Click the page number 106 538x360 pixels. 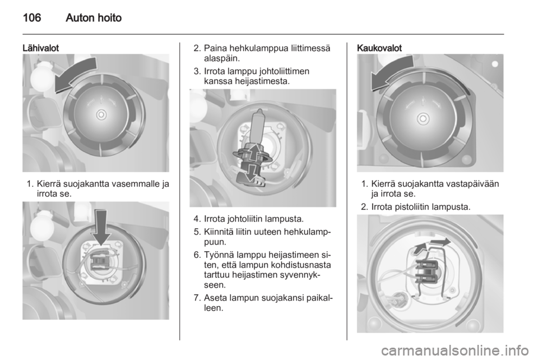pos(32,17)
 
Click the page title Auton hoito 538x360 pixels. pos(94,17)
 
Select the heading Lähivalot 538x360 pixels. pos(40,48)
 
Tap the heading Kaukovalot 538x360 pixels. pos(379,48)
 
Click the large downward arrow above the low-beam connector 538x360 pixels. pos(101,227)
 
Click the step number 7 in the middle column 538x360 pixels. pos(196,298)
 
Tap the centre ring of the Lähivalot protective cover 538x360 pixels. pos(101,114)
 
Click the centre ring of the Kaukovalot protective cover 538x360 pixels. pos(423,119)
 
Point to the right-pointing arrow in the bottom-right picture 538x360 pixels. pos(440,242)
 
